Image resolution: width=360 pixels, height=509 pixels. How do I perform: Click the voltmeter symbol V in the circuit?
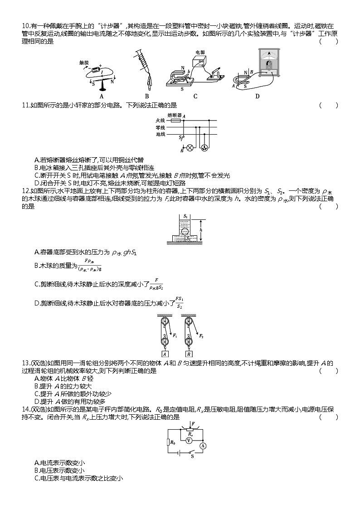(190, 441)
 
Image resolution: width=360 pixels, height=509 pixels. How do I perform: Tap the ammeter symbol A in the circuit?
(203, 446)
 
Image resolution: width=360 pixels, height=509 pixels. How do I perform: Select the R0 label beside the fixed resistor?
(172, 442)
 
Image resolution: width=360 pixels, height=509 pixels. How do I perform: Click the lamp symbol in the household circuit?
(191, 147)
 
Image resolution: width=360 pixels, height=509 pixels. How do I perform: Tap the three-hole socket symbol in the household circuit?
(204, 147)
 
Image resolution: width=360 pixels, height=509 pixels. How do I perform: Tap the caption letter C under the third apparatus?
(195, 96)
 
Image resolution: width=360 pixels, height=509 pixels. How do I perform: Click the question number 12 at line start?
(25, 192)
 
